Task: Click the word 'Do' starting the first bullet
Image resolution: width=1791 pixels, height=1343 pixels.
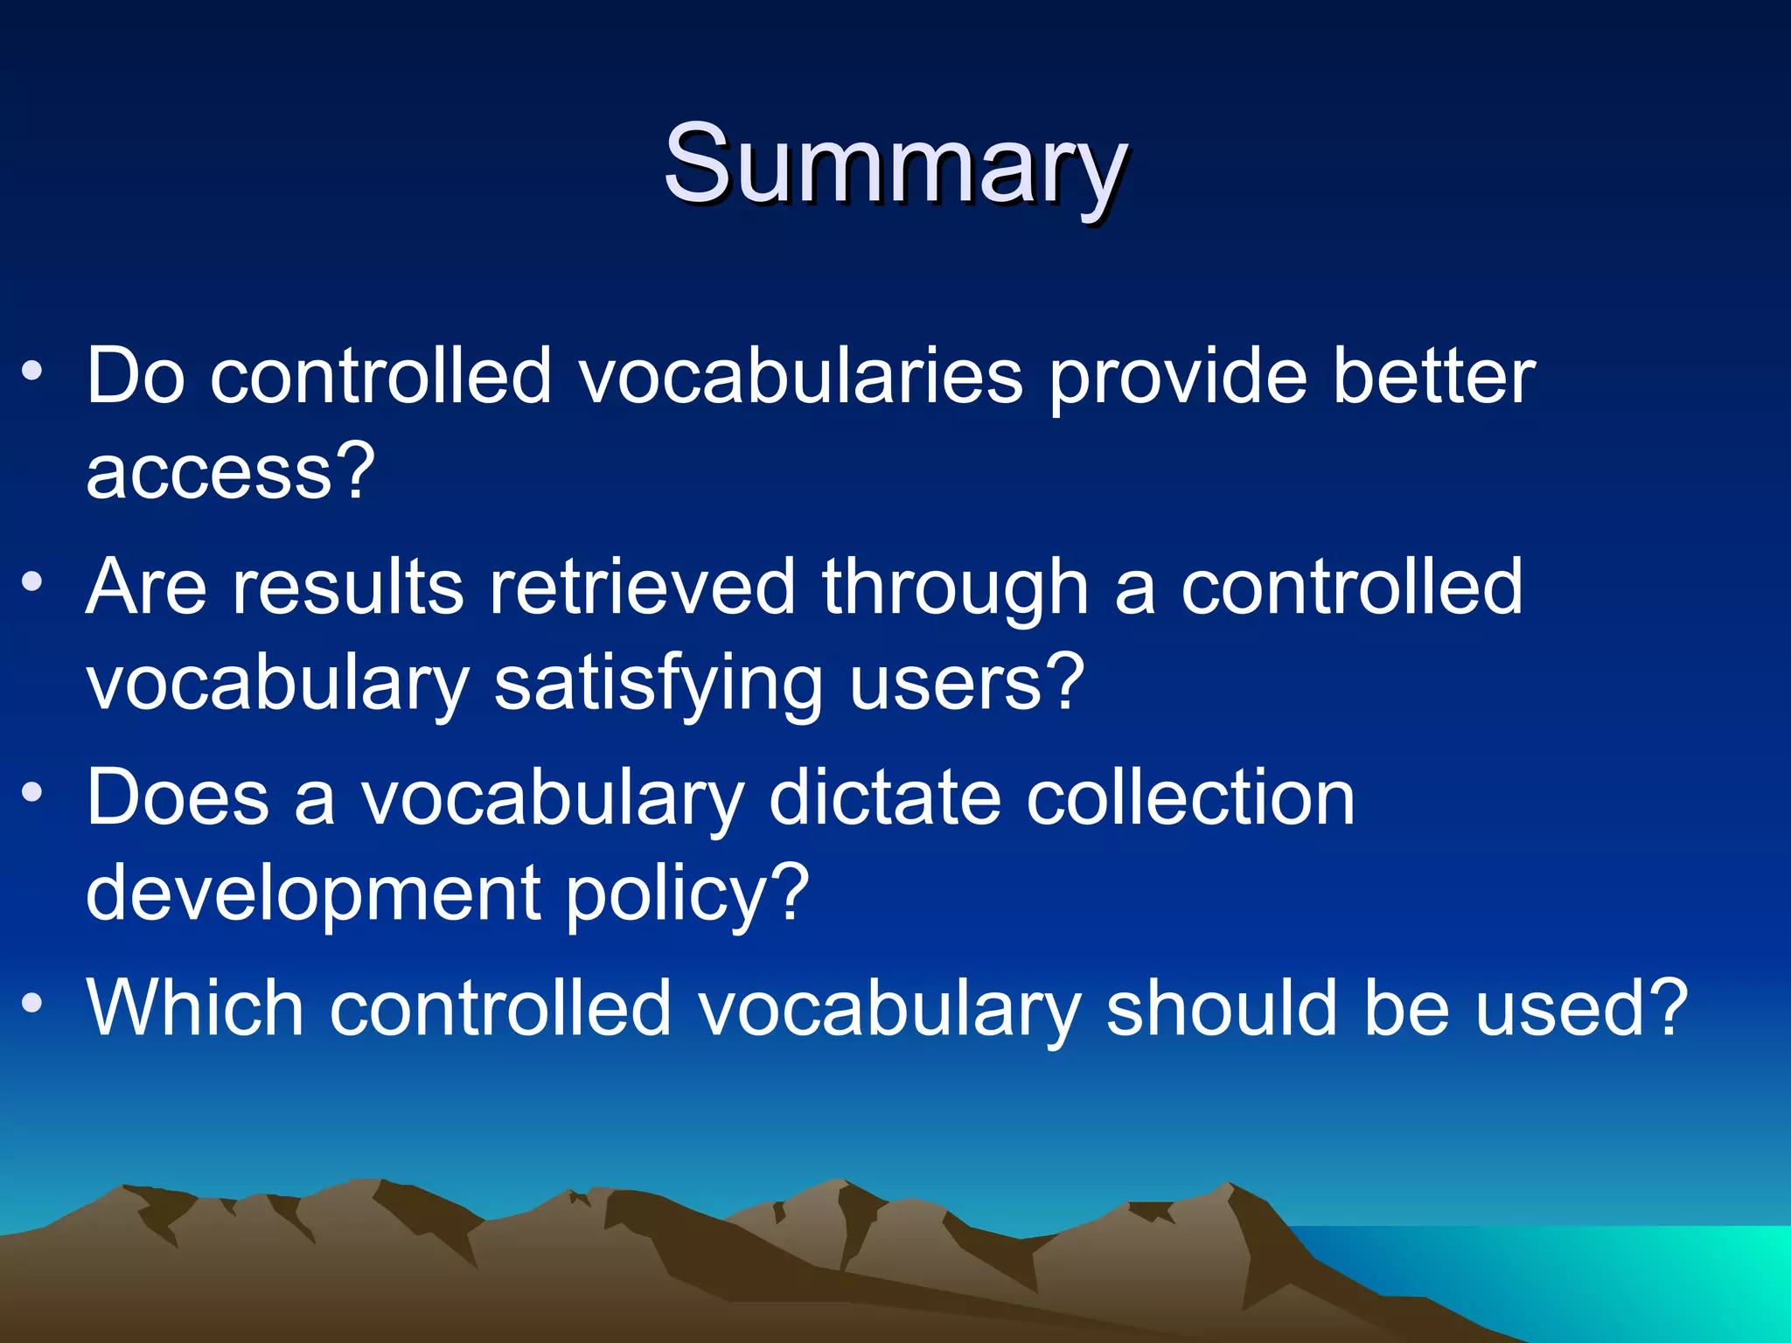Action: [136, 376]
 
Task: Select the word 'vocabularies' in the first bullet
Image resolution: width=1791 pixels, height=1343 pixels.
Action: [800, 376]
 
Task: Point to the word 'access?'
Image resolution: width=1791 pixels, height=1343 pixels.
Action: [230, 472]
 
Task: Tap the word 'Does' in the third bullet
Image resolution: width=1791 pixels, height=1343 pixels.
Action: [178, 797]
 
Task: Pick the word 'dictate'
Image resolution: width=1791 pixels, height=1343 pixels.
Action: [884, 797]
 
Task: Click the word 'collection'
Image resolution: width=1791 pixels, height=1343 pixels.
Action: [1189, 797]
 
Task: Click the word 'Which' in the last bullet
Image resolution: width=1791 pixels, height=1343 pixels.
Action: [195, 1008]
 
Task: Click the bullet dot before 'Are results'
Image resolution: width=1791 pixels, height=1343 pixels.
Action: [32, 582]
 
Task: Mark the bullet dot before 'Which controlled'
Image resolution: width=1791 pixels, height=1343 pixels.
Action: [32, 1003]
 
